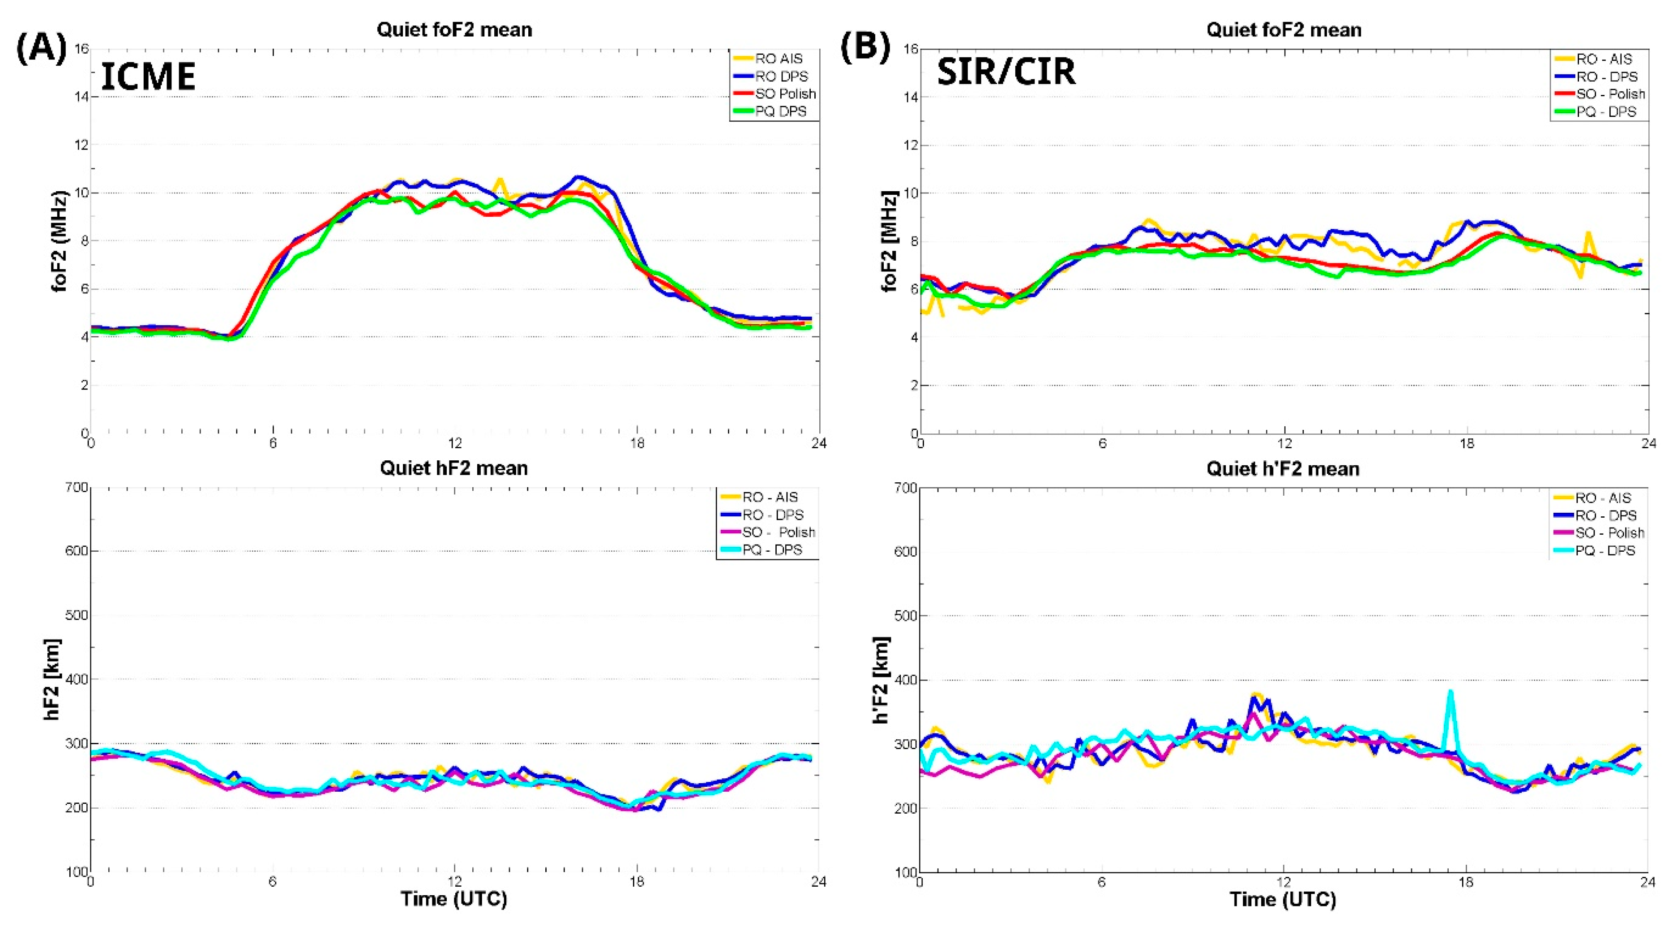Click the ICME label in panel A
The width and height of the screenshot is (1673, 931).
(148, 77)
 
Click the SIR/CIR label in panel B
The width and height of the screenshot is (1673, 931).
(1006, 72)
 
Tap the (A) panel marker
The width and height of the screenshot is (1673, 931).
(41, 49)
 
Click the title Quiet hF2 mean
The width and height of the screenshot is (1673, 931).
(454, 468)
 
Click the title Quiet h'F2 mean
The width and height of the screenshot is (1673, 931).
(1283, 469)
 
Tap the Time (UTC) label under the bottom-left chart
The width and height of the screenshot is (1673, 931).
(454, 899)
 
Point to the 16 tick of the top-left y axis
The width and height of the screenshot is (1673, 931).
(81, 49)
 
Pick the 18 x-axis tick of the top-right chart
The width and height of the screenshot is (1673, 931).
(1467, 444)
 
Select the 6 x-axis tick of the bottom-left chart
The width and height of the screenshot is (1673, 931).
(273, 882)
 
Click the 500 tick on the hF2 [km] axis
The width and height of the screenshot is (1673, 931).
(77, 615)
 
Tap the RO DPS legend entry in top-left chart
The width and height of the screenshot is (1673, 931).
(781, 77)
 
